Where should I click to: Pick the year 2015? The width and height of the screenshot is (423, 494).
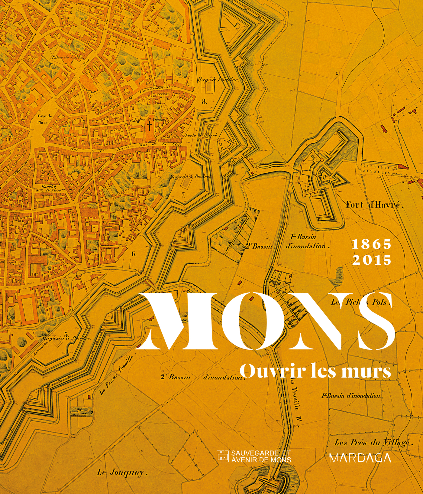coord(372,260)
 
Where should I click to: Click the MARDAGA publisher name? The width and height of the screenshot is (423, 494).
coord(360,458)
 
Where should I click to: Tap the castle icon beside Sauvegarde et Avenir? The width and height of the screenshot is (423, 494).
coord(223,456)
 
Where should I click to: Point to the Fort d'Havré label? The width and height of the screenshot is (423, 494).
coord(375,205)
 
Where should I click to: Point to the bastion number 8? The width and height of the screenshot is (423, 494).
coord(205,102)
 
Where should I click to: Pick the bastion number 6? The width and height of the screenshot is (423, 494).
coord(134,254)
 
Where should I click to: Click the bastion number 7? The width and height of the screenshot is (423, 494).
coord(183,195)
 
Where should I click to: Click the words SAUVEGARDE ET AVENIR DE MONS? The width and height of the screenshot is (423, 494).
coord(261,456)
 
